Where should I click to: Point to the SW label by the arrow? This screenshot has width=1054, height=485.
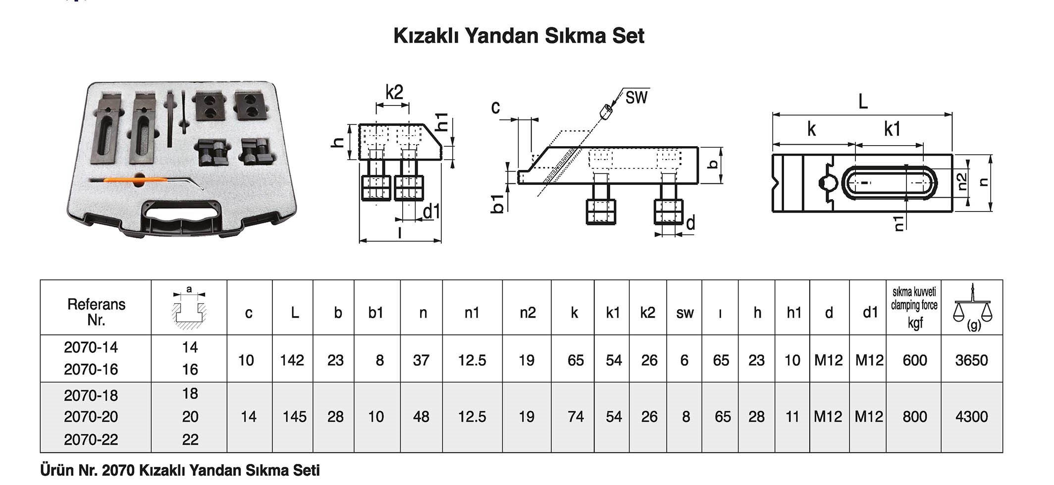[636, 98]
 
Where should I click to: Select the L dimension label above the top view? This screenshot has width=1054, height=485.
[862, 103]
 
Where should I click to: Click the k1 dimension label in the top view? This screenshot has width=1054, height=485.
[892, 129]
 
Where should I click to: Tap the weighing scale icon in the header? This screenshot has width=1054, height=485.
[973, 308]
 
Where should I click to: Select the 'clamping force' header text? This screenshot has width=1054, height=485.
[914, 306]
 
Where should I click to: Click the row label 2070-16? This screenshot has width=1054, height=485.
[91, 370]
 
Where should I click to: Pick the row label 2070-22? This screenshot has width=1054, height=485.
[91, 440]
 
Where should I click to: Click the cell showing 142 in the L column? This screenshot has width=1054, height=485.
[292, 360]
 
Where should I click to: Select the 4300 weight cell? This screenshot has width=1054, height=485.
[971, 417]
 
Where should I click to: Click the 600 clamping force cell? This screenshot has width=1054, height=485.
[914, 360]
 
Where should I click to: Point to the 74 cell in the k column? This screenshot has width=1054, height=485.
[575, 417]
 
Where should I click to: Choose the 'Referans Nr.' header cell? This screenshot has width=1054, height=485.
[96, 312]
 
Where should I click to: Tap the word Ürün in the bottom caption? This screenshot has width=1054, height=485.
[57, 470]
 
